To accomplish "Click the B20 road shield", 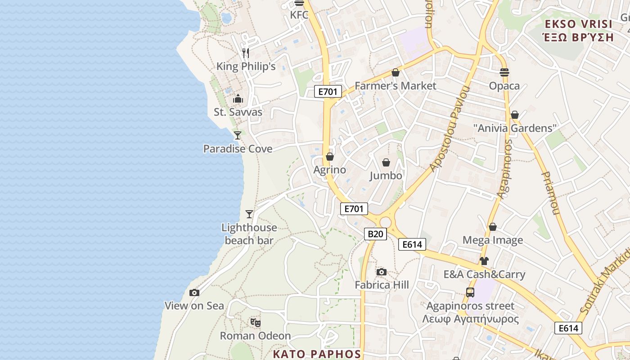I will coord(375,234).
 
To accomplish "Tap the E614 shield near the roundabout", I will coord(412,244).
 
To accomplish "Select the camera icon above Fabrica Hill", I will coord(381,272).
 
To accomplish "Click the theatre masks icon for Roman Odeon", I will coord(256,322).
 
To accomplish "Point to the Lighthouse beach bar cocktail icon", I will coord(249,214).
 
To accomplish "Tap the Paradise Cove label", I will coord(238,148).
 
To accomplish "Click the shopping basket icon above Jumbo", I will coord(386,162).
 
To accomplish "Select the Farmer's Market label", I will coord(395,85).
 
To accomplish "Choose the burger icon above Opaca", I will coord(504,72).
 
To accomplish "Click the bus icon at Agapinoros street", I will coord(470,292).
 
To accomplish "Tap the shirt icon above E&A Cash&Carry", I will coord(484,261).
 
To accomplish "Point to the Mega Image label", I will coord(493,240).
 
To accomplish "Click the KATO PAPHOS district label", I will coord(317,354).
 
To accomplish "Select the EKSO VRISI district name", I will coord(578,24).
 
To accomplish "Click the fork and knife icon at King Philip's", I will coord(246,53).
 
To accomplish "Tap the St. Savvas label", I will coord(238,112).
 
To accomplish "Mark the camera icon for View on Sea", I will coord(194,293).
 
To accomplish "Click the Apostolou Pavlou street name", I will coord(450,129).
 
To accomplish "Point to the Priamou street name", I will coord(551,193).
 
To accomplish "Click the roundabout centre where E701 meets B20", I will coord(385,222).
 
